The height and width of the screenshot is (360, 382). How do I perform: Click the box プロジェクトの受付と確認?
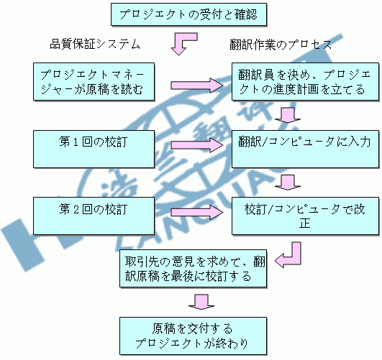(188, 14)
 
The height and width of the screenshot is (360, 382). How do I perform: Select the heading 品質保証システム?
(95, 45)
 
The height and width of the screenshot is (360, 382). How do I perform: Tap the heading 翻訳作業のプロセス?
(281, 45)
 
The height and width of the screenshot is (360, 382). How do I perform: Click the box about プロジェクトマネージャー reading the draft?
(94, 82)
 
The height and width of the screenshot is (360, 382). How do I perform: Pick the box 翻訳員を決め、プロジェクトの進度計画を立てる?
(305, 82)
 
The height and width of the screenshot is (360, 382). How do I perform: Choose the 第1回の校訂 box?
(94, 149)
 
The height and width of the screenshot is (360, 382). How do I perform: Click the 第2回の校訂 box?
(94, 216)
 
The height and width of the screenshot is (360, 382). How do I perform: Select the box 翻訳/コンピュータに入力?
(305, 149)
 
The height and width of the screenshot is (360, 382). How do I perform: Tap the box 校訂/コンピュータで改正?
(305, 216)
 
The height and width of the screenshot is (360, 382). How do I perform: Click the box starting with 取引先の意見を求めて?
(194, 268)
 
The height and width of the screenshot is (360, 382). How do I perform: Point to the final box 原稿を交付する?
(194, 336)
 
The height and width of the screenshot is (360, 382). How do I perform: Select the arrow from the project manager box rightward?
(197, 86)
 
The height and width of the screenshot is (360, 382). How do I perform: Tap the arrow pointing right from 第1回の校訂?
(197, 145)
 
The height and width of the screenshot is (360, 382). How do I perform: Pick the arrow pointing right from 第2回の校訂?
(197, 212)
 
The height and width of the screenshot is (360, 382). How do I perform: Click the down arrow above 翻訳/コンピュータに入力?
(288, 116)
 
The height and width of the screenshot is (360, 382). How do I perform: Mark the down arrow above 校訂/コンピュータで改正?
(288, 183)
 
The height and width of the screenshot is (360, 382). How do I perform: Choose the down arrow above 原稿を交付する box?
(201, 302)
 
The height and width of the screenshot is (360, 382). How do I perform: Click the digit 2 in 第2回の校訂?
(76, 210)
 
